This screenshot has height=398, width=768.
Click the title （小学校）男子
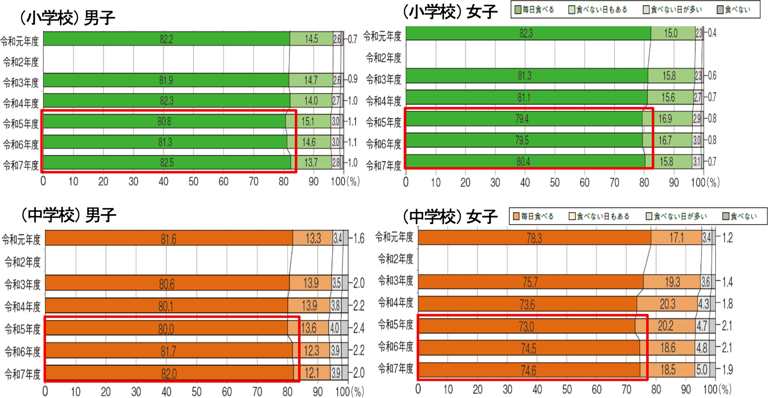tap(67, 18)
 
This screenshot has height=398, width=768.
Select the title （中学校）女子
tap(450, 216)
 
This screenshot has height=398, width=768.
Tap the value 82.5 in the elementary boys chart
tap(167, 163)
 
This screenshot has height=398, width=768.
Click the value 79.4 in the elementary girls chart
tap(522, 119)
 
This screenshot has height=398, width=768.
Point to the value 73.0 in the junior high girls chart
tap(526, 326)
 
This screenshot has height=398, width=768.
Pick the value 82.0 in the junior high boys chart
tap(168, 374)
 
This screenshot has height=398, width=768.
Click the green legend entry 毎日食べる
tap(534, 10)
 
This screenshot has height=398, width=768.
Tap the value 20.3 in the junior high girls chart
tap(668, 304)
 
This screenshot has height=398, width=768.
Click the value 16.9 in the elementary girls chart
tap(665, 119)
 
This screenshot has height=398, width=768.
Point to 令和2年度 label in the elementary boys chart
tap(21, 62)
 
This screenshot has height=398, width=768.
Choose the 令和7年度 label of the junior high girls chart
tap(395, 368)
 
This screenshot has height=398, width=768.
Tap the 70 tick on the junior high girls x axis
tap(626, 389)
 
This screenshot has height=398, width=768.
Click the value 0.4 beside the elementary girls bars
tap(712, 33)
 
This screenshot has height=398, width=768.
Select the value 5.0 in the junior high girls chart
tap(702, 370)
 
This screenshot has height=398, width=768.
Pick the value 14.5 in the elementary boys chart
tap(311, 39)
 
